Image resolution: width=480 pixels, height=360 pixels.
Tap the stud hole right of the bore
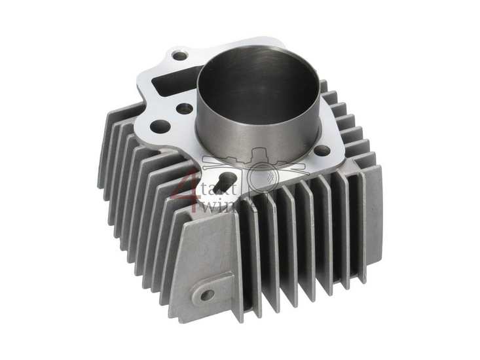click(x=322, y=151)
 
